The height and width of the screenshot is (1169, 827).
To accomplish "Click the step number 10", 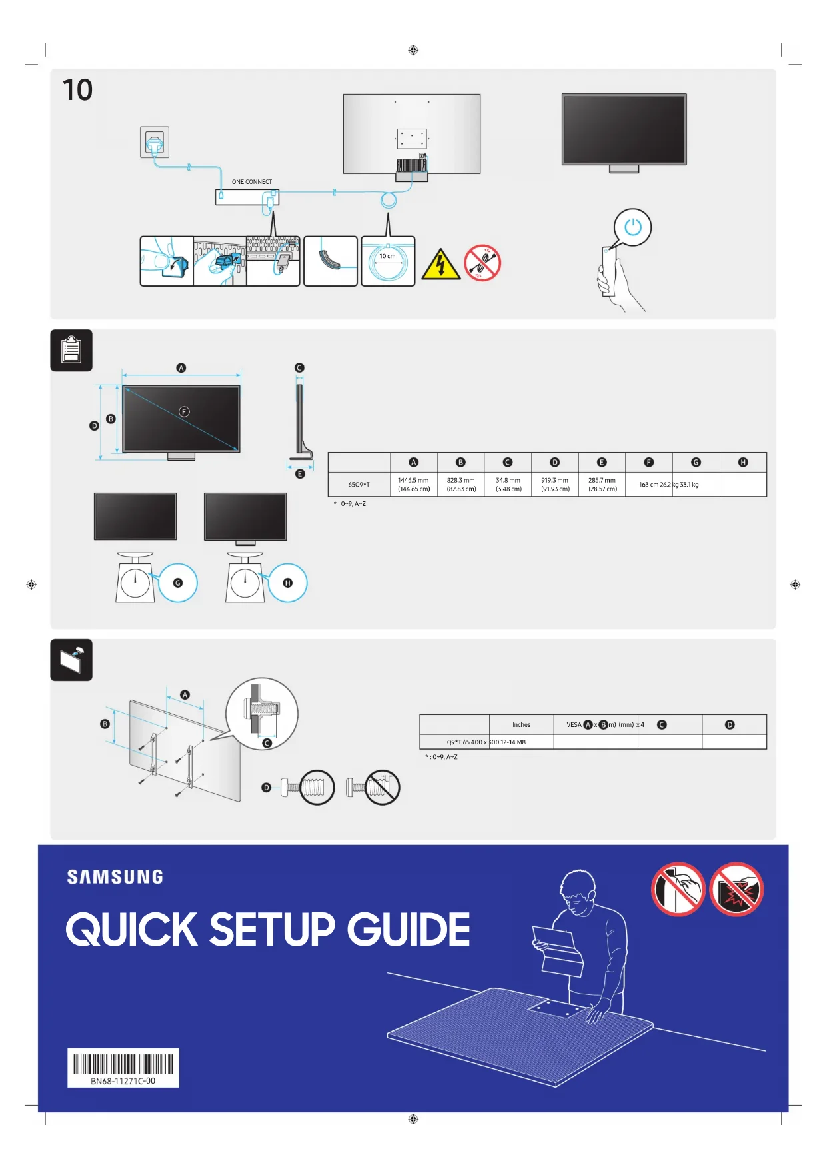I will click(77, 90).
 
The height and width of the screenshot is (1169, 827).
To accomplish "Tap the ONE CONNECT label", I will click(251, 181).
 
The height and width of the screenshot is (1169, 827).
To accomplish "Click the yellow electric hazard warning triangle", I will click(440, 265).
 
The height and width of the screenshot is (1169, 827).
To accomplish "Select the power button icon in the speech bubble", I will click(632, 227).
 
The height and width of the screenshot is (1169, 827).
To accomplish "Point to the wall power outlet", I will click(155, 142).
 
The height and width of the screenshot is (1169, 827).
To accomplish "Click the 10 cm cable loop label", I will click(387, 256).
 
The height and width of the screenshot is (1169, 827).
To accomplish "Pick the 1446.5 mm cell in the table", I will click(414, 485).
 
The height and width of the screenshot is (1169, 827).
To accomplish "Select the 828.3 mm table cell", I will click(461, 485).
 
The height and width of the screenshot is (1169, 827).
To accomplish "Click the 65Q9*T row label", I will click(359, 485).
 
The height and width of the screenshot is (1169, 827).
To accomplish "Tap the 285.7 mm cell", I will click(602, 485).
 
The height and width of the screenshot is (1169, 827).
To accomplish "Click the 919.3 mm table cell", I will click(555, 485).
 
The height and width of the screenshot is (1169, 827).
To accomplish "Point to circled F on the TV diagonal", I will click(184, 412).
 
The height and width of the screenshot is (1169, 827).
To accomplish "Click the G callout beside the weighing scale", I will click(178, 583).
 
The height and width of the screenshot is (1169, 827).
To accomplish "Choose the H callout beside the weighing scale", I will click(288, 583).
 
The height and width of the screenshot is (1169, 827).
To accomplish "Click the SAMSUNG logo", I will click(115, 877).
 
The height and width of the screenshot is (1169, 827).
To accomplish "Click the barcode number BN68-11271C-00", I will click(123, 1081).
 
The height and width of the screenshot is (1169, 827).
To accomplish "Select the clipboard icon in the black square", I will click(71, 350).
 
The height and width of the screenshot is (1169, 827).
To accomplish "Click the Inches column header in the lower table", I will click(521, 724).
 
